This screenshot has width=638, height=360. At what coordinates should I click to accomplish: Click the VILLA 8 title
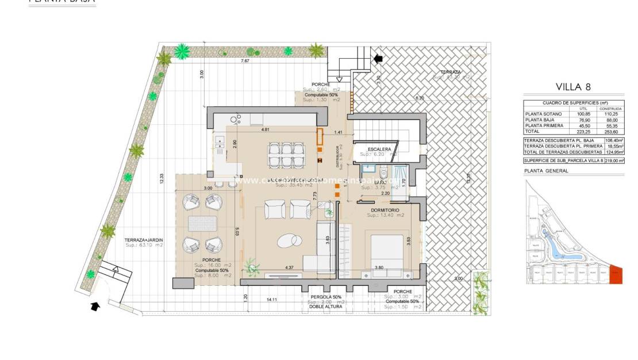pos(573,87)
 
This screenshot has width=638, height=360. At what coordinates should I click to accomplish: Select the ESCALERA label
pos(379,150)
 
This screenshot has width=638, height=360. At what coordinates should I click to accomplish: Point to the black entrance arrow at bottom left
pos(93,307)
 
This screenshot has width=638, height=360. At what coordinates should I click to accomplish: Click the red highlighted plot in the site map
pos(616,274)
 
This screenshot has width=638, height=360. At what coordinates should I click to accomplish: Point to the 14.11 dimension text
pos(272,300)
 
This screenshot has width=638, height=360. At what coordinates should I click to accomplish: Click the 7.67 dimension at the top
pos(245,61)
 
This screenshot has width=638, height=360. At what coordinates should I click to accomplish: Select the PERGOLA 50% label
pos(326,297)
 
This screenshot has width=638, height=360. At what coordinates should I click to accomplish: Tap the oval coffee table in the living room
pos(288,239)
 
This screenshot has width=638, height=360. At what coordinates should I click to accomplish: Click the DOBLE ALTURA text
pos(326,307)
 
